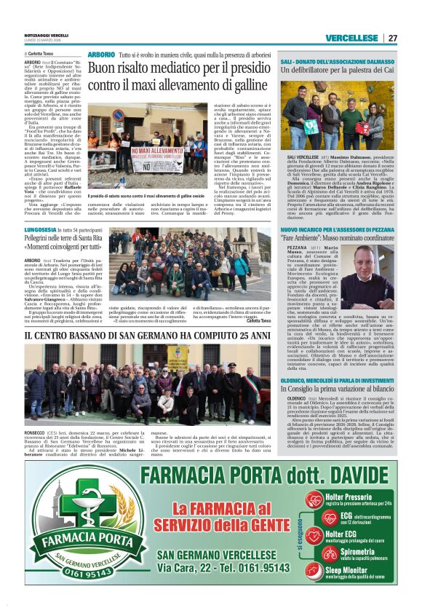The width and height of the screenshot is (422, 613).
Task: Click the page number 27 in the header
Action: coord(392,38)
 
